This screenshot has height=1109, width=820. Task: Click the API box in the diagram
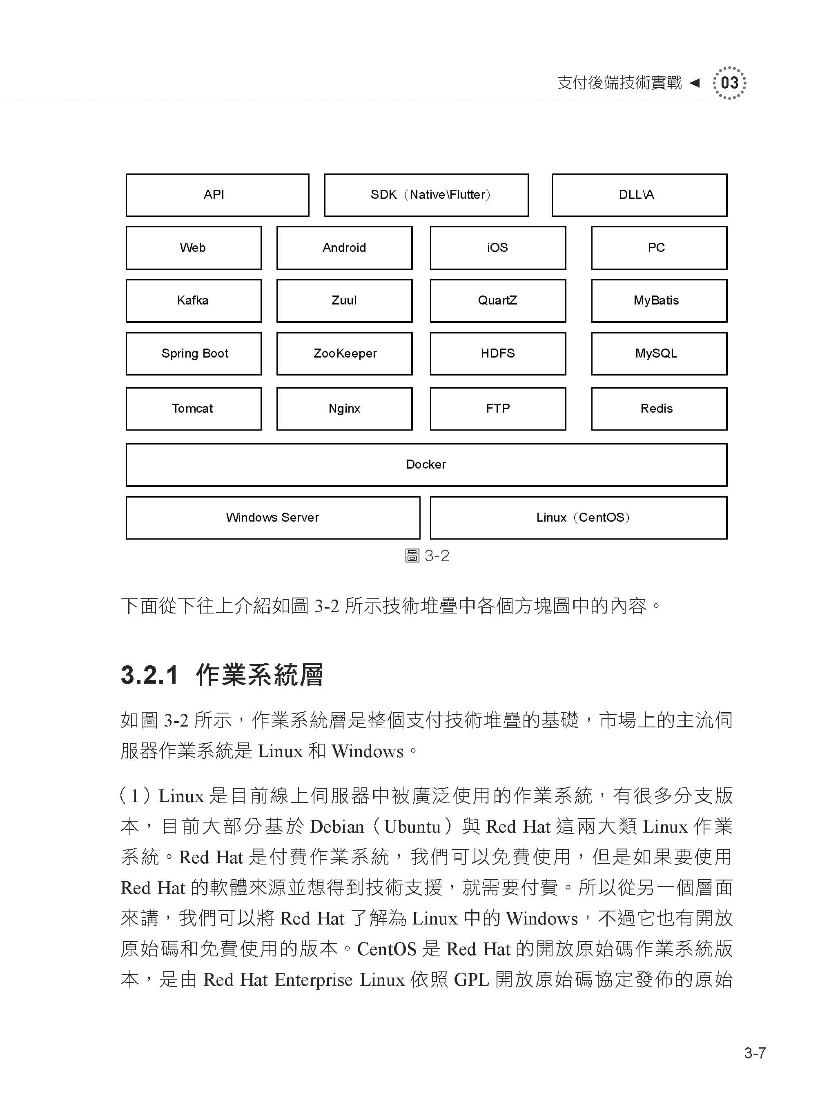pos(217,195)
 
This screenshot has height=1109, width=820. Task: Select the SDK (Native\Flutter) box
pos(426,195)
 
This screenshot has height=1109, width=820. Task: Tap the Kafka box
pos(194,301)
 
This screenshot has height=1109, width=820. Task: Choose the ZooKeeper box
pos(345,354)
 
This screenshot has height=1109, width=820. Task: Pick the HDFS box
pos(498,354)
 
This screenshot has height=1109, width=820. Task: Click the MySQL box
pos(659,354)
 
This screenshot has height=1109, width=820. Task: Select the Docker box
pos(426,465)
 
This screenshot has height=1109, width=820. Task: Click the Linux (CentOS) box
pos(578,518)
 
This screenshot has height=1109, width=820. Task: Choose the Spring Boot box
pos(194,354)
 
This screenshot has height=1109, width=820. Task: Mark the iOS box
pos(498,248)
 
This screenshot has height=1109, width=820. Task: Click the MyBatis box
pos(659,301)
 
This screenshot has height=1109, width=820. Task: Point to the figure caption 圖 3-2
pos(427,556)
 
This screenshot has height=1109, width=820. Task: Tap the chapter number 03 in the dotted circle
pos(729,83)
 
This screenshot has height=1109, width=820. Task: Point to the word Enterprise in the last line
pos(313,980)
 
